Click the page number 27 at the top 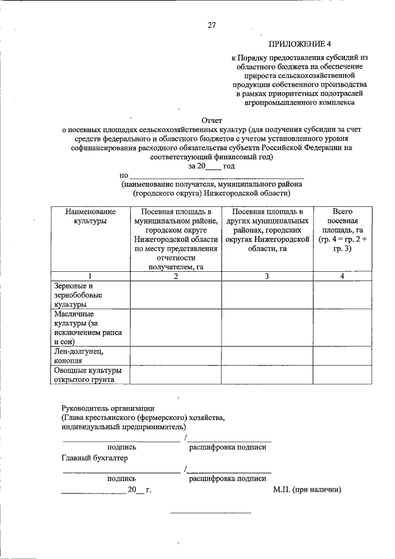pyautogui.click(x=211, y=25)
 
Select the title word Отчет pyautogui.click(x=212, y=120)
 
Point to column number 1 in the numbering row pyautogui.click(x=90, y=276)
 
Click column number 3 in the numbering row pyautogui.click(x=267, y=276)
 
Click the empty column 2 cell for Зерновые pyautogui.click(x=175, y=295)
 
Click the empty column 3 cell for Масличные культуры pyautogui.click(x=267, y=327)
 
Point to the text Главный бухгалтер pyautogui.click(x=94, y=458)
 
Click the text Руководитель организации pyautogui.click(x=108, y=408)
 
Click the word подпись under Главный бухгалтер pyautogui.click(x=122, y=478)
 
